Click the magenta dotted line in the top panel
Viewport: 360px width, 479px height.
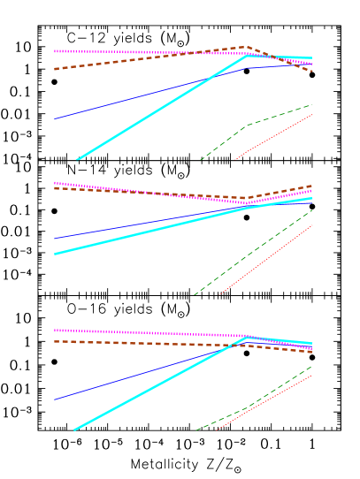[x=106, y=51]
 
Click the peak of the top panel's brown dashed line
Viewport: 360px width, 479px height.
[x=246, y=47]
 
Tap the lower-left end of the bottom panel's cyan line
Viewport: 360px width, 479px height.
[x=75, y=430]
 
